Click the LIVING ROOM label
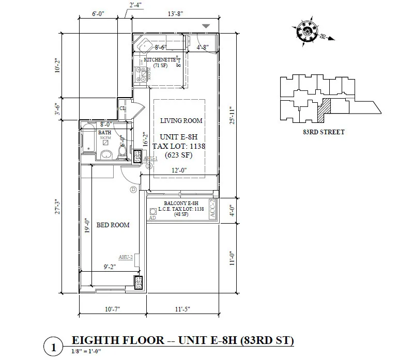181,121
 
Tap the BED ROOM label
113,225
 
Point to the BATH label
105,133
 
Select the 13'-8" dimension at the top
175,15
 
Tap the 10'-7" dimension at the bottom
112,309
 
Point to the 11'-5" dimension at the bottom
182,309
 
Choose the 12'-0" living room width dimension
179,170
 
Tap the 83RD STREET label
324,132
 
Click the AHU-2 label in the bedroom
126,257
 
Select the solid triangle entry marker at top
206,26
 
